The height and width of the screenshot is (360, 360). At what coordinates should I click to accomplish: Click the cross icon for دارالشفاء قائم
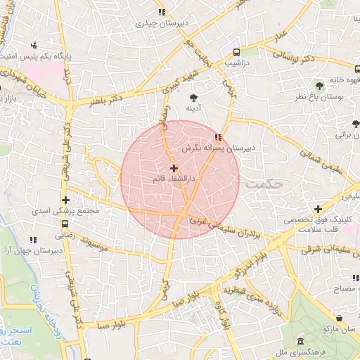[x=174, y=168]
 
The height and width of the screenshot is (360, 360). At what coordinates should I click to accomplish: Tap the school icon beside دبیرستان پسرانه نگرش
[x=219, y=137]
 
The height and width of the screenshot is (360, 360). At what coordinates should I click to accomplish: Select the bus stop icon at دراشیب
[x=236, y=52]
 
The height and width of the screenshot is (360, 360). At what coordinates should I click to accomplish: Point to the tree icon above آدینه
[x=193, y=97]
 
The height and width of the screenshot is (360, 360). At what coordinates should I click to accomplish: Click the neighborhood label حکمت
[x=268, y=182]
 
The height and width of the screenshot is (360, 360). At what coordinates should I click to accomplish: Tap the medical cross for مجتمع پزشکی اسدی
[x=65, y=200]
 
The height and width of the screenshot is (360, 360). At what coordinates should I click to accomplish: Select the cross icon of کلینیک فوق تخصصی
[x=319, y=209]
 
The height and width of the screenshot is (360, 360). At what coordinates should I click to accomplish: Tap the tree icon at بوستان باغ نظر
[x=319, y=84]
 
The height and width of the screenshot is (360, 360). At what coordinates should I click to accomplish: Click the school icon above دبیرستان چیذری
[x=162, y=12]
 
